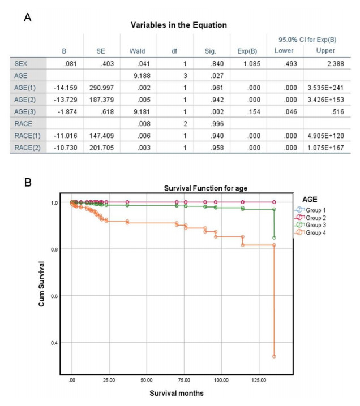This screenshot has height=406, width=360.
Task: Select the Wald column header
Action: pos(138,50)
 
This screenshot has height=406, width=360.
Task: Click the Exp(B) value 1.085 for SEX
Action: pos(252,65)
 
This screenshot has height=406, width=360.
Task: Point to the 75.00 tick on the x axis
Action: pos(184,380)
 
